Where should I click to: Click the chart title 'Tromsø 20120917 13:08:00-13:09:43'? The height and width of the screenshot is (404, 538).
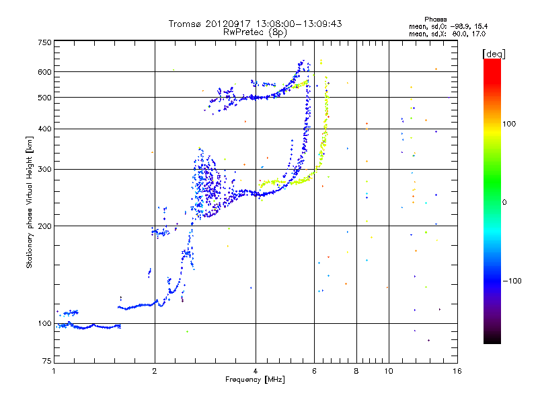click(x=255, y=24)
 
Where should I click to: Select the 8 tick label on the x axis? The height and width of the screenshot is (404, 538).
click(x=356, y=371)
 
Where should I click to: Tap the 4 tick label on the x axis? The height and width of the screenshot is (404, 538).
click(x=256, y=371)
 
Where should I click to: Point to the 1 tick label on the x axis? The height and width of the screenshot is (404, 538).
click(x=54, y=371)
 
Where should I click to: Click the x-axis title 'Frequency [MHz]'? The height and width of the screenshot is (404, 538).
click(x=255, y=380)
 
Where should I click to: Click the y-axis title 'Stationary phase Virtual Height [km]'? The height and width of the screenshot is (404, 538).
click(x=30, y=201)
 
